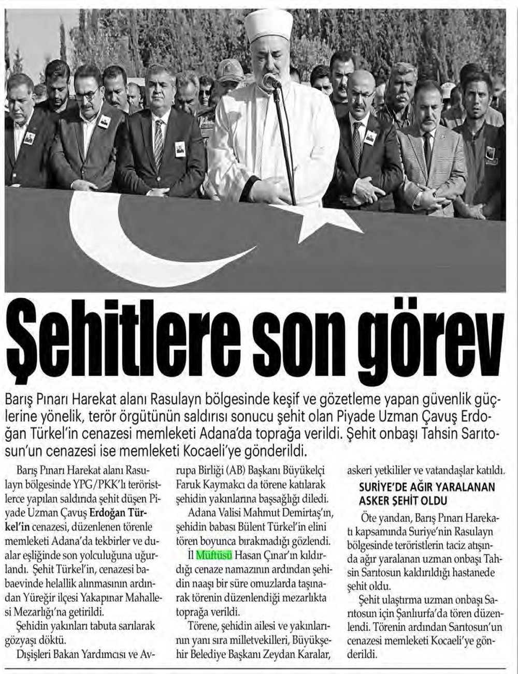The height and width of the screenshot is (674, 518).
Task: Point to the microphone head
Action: coord(270,81)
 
